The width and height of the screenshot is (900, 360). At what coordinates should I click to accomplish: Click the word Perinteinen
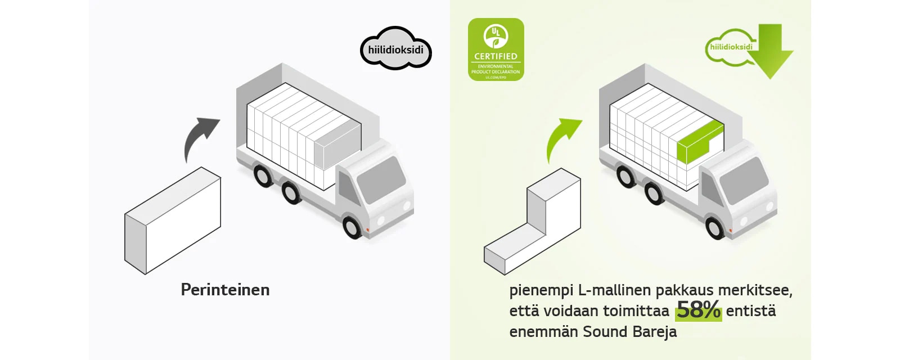(225, 290)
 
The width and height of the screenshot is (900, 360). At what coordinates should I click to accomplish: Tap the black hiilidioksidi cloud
(395, 49)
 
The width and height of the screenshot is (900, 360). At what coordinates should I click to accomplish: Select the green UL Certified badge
(496, 49)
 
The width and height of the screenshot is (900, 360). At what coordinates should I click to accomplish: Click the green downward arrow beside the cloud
(773, 51)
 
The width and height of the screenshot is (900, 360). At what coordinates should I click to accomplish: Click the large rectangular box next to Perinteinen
(172, 220)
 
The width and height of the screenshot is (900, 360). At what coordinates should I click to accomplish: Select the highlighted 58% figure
(698, 310)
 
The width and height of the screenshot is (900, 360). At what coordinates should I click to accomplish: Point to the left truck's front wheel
(352, 227)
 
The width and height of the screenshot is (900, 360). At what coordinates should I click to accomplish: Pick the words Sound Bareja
(629, 331)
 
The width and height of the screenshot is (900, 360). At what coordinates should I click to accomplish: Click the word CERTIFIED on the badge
(496, 56)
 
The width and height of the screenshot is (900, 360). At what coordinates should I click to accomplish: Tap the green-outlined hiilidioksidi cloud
(730, 48)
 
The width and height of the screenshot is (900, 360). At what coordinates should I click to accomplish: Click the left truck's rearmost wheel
(262, 175)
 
